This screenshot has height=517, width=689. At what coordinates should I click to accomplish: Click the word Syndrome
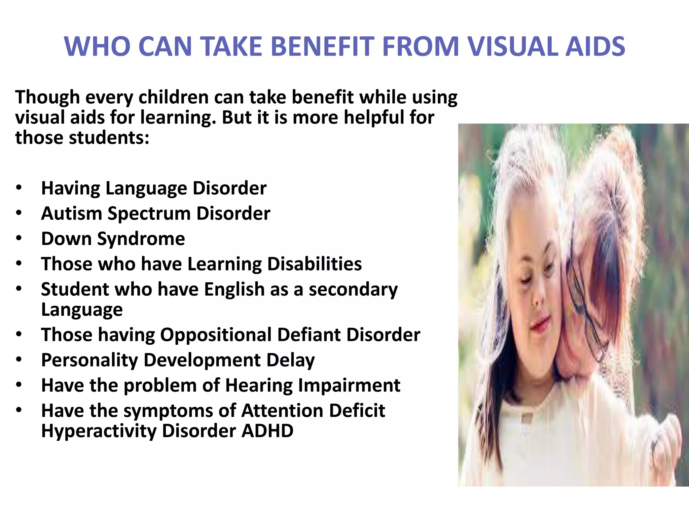[x=141, y=239]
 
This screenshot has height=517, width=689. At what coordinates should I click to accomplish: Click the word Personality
[x=89, y=360]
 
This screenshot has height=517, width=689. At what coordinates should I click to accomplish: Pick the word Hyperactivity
[x=99, y=432]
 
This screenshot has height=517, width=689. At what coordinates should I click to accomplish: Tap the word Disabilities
[x=315, y=264]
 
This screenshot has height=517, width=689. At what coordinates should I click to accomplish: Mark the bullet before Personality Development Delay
[x=19, y=360]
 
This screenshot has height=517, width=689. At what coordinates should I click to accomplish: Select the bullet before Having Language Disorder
[x=19, y=188]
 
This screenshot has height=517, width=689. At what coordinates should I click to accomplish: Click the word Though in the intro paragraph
[x=47, y=98]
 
